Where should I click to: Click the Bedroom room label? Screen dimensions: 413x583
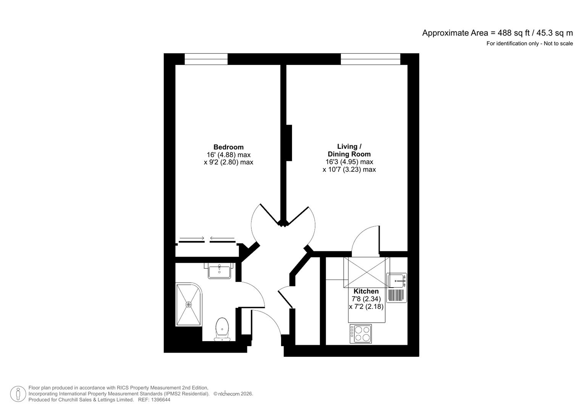[228, 147]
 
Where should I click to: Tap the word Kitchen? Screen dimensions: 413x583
[366, 291]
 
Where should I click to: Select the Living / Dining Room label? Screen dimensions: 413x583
[349, 150]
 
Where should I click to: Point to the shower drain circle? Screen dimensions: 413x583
[189, 304]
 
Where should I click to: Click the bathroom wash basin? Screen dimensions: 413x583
[219, 271]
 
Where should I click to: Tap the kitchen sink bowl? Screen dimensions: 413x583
[397, 281]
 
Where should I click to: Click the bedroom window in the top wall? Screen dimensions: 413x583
[206, 59]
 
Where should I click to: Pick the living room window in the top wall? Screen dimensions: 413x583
[370, 59]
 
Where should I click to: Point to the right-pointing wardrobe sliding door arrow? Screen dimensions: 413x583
[192, 239]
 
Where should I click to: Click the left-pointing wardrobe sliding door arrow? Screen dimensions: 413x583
[222, 239]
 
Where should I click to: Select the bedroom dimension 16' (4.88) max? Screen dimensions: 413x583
[228, 155]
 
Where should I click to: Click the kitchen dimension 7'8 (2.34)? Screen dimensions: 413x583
[366, 299]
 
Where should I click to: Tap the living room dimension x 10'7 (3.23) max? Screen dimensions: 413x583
[349, 169]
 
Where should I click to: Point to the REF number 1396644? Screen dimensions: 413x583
[160, 400]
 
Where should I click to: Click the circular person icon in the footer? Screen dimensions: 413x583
[18, 394]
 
